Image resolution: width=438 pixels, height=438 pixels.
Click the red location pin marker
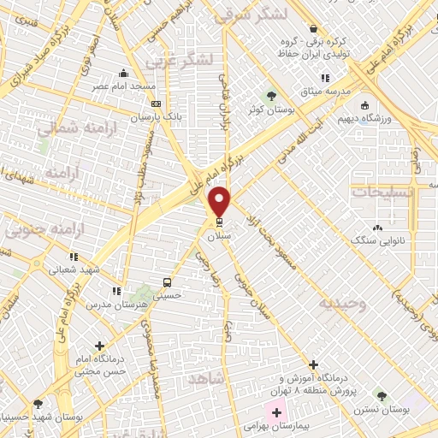221,202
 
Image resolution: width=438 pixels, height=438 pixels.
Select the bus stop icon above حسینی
166,283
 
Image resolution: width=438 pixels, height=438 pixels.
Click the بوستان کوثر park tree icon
272,95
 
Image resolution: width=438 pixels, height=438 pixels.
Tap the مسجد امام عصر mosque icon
125,73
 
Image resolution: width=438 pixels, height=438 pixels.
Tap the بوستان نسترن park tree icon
381,396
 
